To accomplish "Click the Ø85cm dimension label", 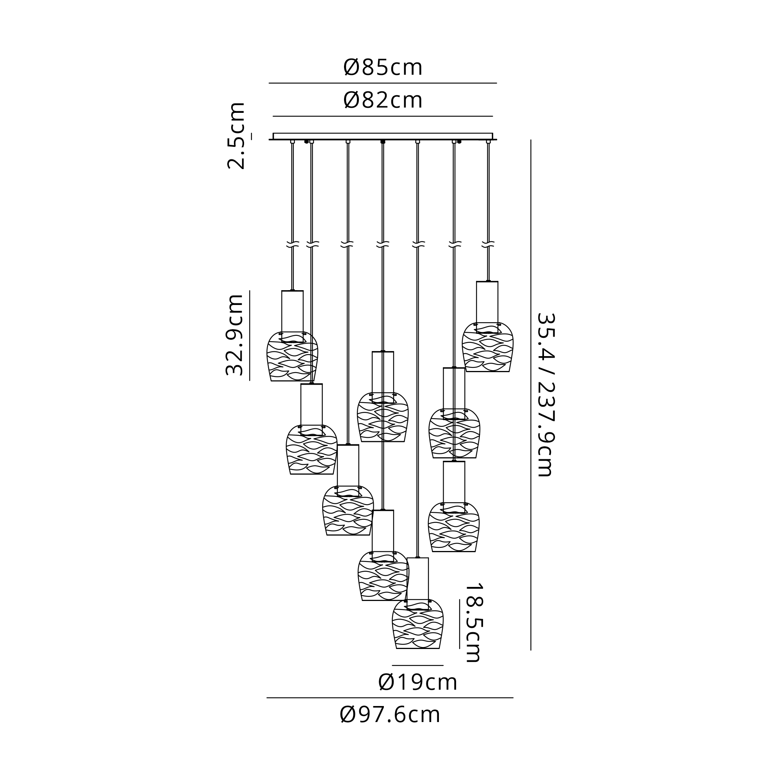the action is pos(383,68).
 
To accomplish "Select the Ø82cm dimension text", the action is pos(383,100).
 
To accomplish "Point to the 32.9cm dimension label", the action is pos(235,335).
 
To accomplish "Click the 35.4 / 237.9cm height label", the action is pos(546,394).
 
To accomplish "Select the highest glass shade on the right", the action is pos(487,347).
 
